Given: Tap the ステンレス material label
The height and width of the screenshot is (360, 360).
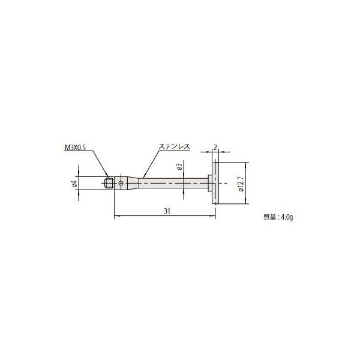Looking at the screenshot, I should click(173, 146).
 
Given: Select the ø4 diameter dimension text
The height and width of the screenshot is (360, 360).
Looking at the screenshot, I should click(74, 184).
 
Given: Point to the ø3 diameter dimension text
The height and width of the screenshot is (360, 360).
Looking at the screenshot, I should click(179, 167).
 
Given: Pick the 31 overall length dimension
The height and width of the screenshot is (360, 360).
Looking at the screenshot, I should click(167, 211).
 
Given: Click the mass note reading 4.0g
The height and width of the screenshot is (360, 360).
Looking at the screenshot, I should click(278, 217).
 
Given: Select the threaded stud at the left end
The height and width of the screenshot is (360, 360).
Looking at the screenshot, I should click(109, 182).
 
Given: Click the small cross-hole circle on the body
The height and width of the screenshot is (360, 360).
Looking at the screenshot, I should click(122, 182).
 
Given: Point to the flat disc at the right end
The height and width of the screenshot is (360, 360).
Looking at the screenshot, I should click(214, 182).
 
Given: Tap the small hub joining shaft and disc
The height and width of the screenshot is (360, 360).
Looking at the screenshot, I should click(209, 182).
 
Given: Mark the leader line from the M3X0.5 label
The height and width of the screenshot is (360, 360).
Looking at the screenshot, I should click(101, 165).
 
